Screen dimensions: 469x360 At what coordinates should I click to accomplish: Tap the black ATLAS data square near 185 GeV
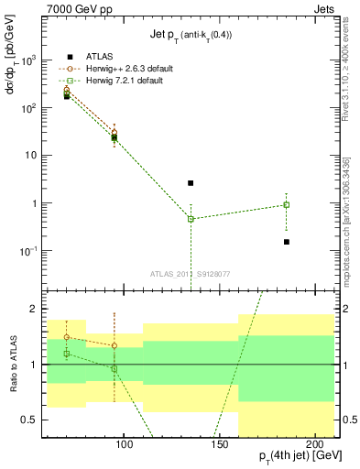point(287,242)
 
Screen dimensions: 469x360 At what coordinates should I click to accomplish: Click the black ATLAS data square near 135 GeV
point(191,183)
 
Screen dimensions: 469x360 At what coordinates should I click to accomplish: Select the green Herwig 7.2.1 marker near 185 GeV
point(287,205)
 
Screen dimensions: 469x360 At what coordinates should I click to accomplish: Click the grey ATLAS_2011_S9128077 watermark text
point(190,273)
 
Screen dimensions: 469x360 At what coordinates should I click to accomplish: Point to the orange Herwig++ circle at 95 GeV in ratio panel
point(115,345)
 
